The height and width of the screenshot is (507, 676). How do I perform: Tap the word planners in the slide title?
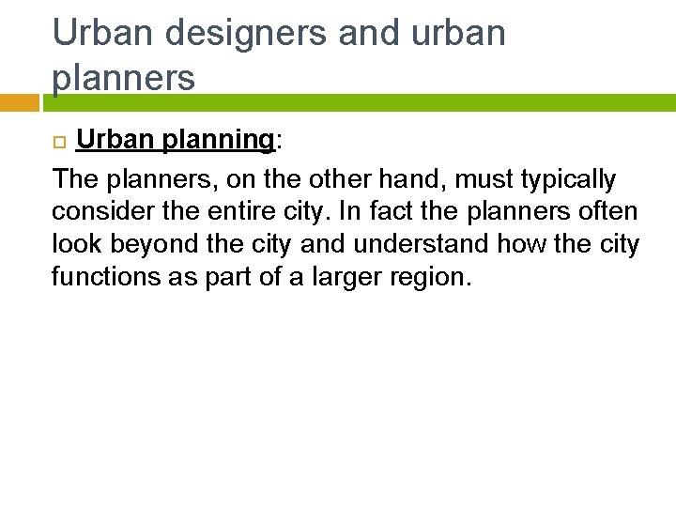124,78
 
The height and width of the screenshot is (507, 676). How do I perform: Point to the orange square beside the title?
19,102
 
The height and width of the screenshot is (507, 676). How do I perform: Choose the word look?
76,244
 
